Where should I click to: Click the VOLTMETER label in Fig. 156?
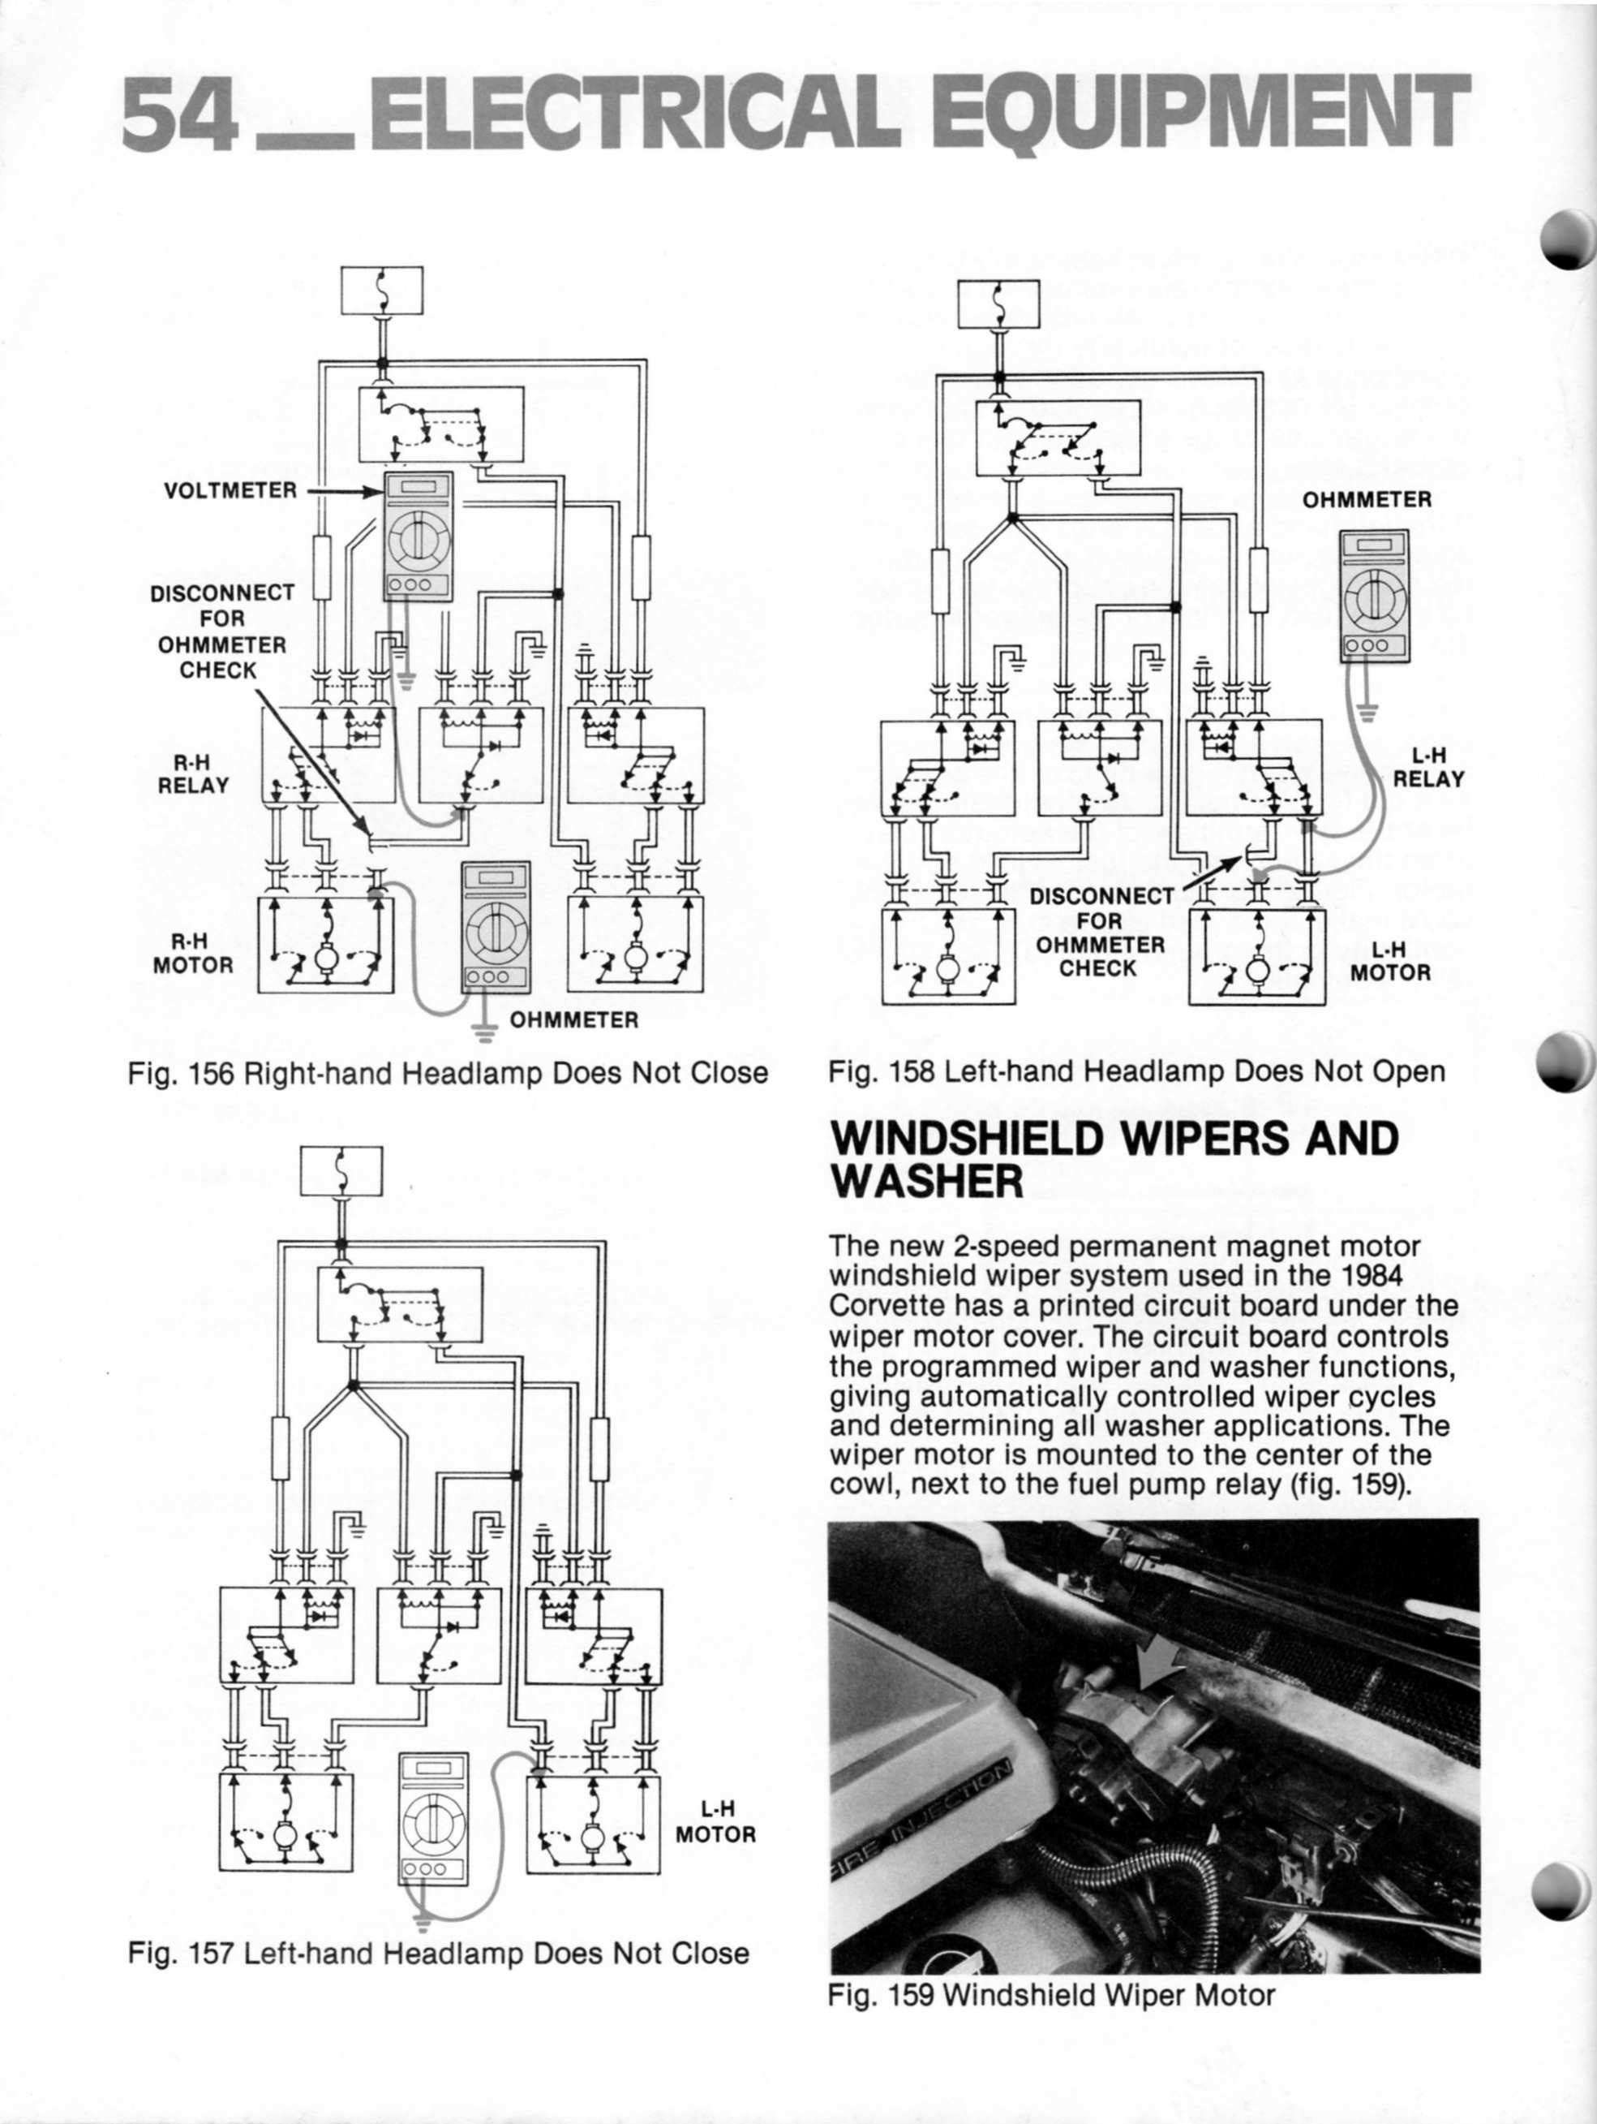coord(230,491)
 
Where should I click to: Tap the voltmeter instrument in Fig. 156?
coord(418,536)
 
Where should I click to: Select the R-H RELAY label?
coord(193,774)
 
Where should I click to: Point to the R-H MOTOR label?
coord(193,954)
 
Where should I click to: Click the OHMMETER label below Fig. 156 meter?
coord(574,1019)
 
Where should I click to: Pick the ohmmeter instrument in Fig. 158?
coord(1376,597)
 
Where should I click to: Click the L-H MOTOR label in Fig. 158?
coord(1389,961)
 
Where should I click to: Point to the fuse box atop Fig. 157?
coord(341,1171)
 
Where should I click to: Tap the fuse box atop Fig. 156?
coord(382,290)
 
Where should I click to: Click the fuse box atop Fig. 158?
coord(999,304)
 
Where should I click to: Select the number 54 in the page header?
coord(178,114)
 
